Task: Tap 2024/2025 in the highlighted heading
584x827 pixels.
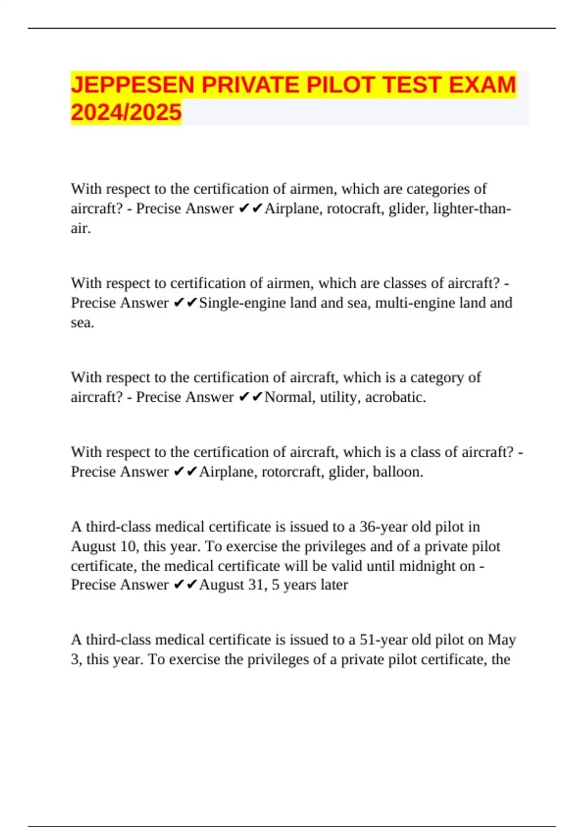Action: pyautogui.click(x=126, y=112)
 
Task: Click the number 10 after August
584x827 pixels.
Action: pyautogui.click(x=128, y=546)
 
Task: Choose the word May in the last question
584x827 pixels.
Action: pyautogui.click(x=502, y=639)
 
